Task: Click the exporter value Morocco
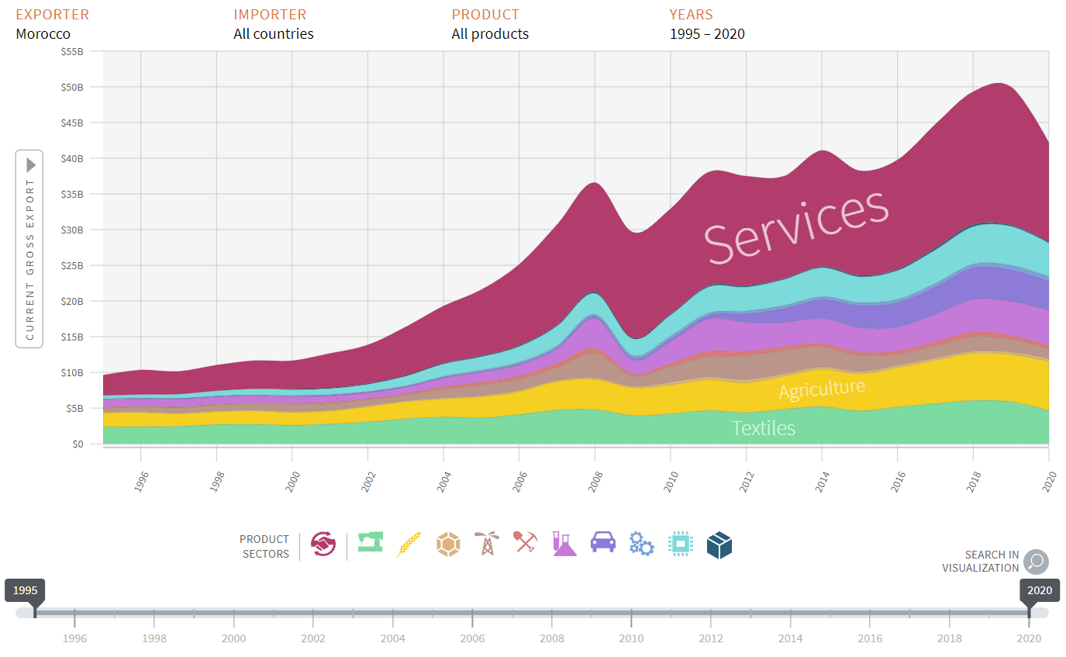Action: (43, 34)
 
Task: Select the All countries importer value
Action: (274, 34)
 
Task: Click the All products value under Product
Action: (490, 34)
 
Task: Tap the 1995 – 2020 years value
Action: (707, 34)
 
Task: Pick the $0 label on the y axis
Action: (77, 444)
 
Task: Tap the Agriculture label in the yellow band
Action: (822, 389)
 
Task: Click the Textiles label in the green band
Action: (764, 428)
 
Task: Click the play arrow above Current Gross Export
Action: (31, 165)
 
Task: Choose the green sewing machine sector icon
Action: (371, 541)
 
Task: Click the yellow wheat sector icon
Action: (409, 544)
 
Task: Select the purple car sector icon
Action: (603, 541)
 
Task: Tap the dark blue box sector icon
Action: (719, 545)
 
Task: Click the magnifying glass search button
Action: (1036, 562)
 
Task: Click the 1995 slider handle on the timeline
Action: (26, 591)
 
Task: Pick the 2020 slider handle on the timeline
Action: (1039, 591)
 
